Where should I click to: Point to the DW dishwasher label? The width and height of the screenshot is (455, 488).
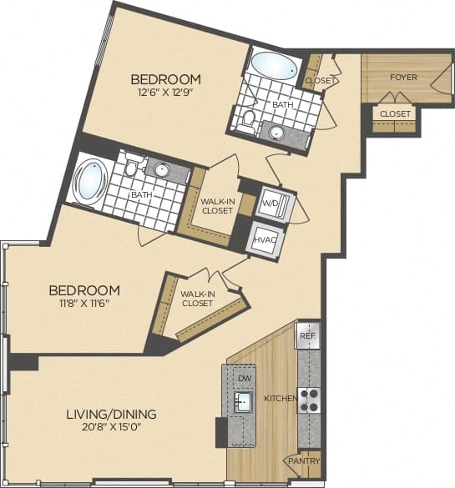[245, 379]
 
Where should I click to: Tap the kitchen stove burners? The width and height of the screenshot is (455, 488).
[308, 400]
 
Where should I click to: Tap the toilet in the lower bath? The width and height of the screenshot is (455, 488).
[130, 168]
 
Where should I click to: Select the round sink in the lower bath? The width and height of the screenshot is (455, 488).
[161, 172]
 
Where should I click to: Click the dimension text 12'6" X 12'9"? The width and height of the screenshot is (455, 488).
[165, 93]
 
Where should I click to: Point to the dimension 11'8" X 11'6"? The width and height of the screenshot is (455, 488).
[83, 304]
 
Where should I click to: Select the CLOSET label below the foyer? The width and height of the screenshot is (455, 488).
[394, 113]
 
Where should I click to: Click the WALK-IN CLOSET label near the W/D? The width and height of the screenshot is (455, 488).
[216, 206]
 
